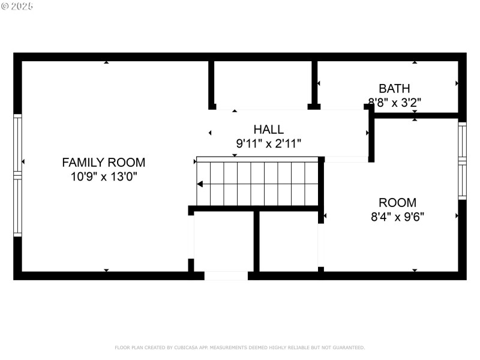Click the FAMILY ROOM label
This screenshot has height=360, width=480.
(x=104, y=162)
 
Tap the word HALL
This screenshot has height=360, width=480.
(x=268, y=130)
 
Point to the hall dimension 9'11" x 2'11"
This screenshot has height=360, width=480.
(x=268, y=143)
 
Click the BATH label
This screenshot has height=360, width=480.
(x=394, y=89)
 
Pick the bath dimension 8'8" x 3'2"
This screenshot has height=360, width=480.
(x=394, y=102)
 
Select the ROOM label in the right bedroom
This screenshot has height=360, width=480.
(x=397, y=203)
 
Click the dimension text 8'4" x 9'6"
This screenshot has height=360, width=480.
(x=397, y=217)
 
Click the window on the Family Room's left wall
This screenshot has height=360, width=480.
(x=17, y=175)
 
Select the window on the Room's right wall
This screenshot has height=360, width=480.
(x=462, y=161)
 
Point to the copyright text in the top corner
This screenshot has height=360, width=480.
(x=17, y=6)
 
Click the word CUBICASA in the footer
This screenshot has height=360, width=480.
(x=186, y=347)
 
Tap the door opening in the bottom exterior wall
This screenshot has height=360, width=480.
(x=226, y=276)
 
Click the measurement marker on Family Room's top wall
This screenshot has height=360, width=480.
(x=106, y=62)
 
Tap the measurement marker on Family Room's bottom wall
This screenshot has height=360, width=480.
(x=106, y=271)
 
